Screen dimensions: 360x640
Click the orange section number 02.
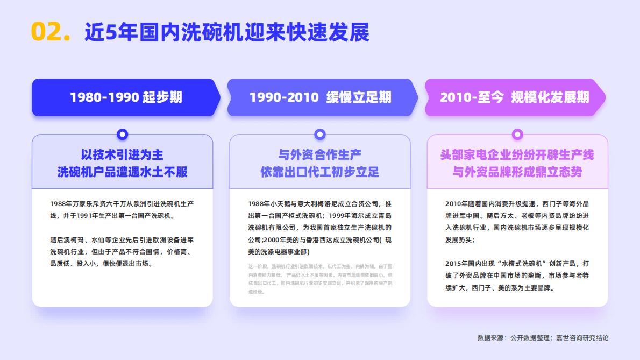tap(51, 32)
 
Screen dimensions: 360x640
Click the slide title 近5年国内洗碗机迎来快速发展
tap(226, 32)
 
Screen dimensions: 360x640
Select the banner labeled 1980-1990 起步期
tap(126, 97)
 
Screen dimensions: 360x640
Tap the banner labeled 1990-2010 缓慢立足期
tap(321, 97)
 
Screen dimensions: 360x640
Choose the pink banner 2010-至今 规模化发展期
tap(514, 97)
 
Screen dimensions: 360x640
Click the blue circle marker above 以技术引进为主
tap(123, 135)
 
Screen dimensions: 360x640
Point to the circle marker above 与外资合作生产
tap(320, 135)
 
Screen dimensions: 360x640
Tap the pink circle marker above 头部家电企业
tap(517, 135)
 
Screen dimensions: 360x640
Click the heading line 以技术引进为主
tap(122, 155)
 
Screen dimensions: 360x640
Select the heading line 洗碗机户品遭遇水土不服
tap(122, 172)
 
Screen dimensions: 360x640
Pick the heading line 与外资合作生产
tap(319, 155)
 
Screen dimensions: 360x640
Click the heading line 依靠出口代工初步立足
tap(319, 172)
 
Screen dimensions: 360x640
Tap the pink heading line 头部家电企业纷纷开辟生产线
tap(517, 155)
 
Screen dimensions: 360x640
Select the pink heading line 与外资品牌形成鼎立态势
tap(517, 172)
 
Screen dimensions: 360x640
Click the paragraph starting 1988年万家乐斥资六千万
tap(122, 210)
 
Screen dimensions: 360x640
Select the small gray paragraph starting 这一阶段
tap(319, 279)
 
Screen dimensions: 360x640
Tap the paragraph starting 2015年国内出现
tap(517, 276)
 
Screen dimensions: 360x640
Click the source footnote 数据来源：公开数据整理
tap(543, 338)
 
